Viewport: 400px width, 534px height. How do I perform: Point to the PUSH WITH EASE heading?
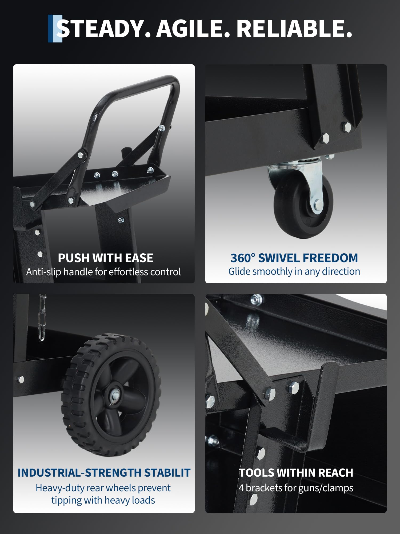106,258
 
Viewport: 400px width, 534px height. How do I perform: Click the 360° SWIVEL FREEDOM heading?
294,258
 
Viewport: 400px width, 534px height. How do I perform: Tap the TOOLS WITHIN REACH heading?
296,473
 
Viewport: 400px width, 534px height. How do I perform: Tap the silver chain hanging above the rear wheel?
42,318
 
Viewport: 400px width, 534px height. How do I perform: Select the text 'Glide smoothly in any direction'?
294,272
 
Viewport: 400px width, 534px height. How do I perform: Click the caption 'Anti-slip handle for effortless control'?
103,272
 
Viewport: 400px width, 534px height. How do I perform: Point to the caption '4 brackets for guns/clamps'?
296,488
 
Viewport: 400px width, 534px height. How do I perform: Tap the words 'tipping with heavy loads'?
103,500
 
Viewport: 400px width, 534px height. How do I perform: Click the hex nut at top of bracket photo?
256,299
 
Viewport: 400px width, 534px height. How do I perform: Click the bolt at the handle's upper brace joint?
162,128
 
